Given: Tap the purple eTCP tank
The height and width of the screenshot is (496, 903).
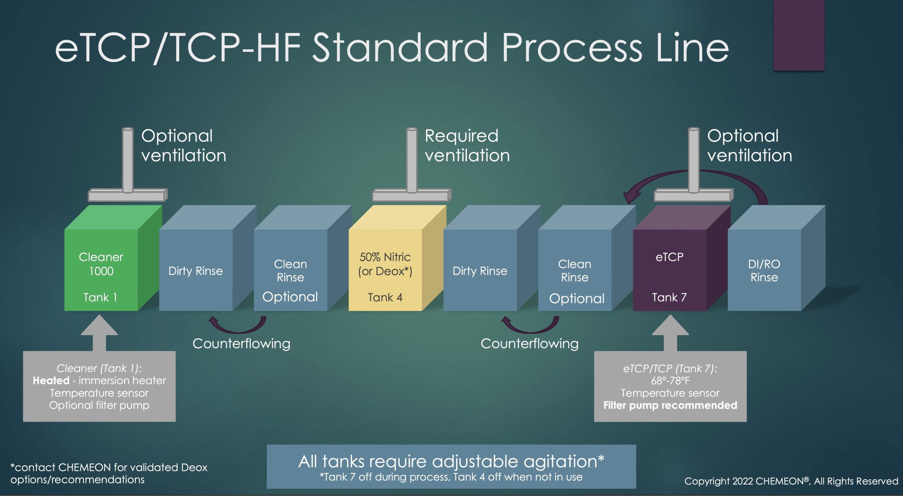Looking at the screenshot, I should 669,272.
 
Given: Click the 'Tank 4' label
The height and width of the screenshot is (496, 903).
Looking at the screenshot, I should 385,297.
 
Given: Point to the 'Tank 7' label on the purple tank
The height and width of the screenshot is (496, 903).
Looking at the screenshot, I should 669,297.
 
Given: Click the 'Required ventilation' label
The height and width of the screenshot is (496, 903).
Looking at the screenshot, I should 467,145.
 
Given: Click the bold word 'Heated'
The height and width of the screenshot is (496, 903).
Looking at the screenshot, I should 51,380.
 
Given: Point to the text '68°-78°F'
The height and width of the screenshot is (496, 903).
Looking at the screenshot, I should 670,381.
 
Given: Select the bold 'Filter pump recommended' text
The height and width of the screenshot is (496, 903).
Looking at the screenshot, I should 670,405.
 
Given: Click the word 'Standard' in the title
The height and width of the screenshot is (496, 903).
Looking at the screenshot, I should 400,48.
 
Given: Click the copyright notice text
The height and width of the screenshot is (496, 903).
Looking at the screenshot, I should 791,481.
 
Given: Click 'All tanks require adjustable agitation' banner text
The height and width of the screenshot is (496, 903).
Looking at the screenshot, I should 451,461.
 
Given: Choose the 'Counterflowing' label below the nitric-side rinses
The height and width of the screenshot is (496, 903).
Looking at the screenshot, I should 529,343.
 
